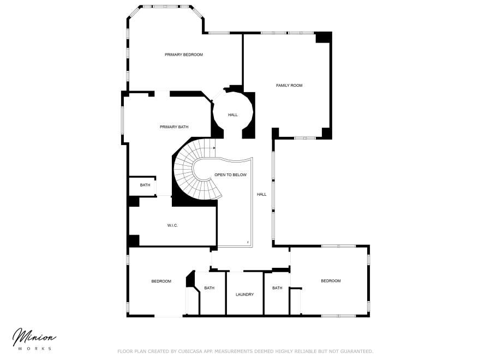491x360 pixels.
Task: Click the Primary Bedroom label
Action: [x=184, y=55]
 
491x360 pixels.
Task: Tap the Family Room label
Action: [x=289, y=85]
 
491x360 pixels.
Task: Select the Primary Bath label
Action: [x=174, y=127]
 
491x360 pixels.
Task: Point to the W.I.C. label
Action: [x=172, y=225]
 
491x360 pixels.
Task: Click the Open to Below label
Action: [x=230, y=175]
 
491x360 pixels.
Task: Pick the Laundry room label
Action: [x=244, y=295]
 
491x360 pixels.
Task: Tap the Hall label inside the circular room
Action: [x=233, y=115]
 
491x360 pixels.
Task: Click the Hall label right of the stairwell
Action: [x=262, y=194]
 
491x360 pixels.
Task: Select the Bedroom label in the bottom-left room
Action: [x=161, y=281]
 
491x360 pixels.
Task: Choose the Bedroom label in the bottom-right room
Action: [x=331, y=281]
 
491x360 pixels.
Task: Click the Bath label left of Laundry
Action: [x=209, y=288]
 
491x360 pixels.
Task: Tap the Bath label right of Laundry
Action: [x=277, y=288]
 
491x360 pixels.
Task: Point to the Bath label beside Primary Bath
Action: [x=145, y=185]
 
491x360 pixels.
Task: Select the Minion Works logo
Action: [x=34, y=338]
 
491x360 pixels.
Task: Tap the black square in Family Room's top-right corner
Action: [x=324, y=37]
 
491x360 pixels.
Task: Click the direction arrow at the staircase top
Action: [x=214, y=147]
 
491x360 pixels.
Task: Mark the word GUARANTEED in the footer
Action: [x=355, y=351]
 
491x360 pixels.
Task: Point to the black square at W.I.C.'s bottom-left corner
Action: [x=133, y=240]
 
